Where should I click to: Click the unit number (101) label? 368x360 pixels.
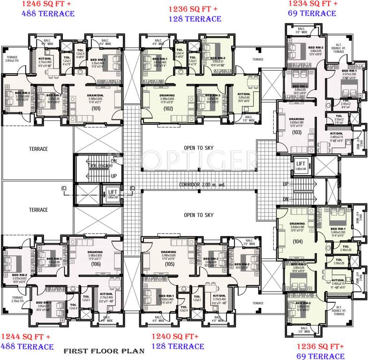tap(96, 108)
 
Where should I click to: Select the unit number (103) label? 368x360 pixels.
tap(296, 133)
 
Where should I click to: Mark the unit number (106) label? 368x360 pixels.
tap(96, 264)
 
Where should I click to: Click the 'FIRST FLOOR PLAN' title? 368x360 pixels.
tap(104, 351)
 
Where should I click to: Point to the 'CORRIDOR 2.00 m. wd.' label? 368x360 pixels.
tap(202, 185)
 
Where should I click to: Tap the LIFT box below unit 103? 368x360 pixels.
tap(300, 163)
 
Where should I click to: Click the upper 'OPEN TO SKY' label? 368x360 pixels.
tap(198, 148)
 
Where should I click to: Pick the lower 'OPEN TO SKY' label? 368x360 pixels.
tap(198, 215)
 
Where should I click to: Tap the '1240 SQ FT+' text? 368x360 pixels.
tap(174, 337)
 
